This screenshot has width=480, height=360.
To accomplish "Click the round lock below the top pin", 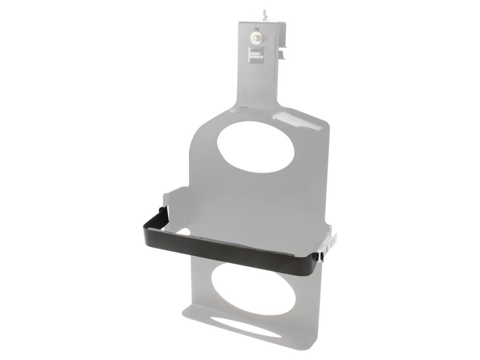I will coord(256,37).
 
